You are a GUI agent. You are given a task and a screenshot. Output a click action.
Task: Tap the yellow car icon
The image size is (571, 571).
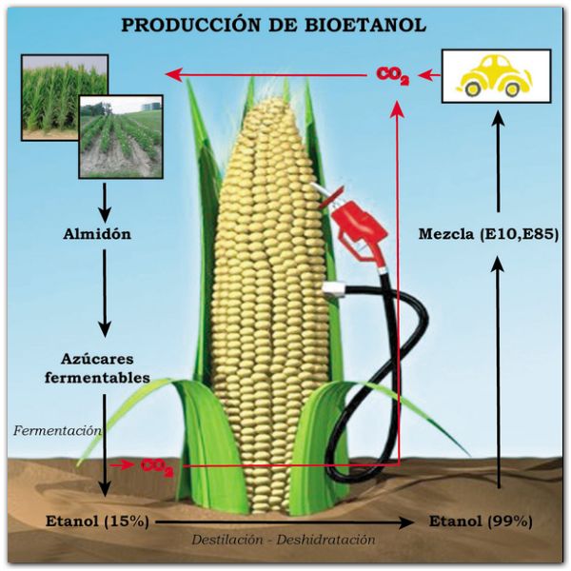(x=493, y=75)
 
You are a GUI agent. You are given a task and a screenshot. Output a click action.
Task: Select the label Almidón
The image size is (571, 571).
(x=97, y=234)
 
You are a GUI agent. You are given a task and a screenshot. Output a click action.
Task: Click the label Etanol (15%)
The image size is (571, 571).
(x=98, y=522)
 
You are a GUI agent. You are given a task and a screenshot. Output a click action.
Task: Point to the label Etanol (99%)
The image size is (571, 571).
(x=481, y=522)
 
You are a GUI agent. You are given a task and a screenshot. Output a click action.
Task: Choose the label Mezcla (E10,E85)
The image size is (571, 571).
(x=488, y=234)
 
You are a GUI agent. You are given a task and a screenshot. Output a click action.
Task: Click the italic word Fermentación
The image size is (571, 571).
(x=57, y=431)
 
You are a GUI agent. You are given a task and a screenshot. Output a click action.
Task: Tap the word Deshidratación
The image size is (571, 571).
(x=325, y=540)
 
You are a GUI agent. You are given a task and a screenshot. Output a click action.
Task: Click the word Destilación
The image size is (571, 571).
(x=227, y=540)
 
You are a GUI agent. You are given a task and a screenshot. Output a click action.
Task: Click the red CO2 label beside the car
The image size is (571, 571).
(x=392, y=75)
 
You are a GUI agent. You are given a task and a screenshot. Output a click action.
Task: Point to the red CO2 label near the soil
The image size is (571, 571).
(x=157, y=466)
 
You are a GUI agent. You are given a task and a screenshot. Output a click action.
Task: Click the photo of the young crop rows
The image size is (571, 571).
(x=121, y=137)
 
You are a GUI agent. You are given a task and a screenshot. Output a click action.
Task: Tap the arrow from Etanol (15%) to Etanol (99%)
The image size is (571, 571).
(x=285, y=522)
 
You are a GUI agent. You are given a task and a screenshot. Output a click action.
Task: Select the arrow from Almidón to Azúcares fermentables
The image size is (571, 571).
(x=105, y=293)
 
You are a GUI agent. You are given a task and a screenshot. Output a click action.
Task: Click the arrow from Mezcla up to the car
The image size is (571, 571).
(x=498, y=162)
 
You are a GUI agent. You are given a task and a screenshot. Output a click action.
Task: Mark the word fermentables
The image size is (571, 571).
(x=98, y=377)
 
